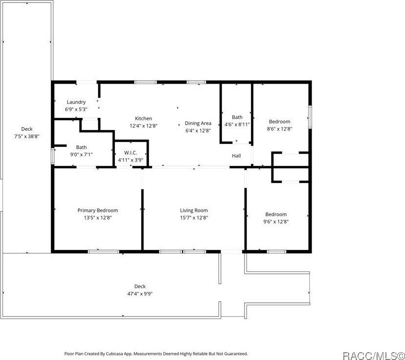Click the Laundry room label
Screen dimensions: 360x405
[x=76, y=102]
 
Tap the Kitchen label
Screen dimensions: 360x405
[x=143, y=118]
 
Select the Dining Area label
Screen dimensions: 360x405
[x=198, y=123]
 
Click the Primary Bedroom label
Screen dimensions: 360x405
[x=97, y=210]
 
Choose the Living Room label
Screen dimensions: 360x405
[x=194, y=210]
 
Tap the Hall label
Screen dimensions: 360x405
[x=236, y=156]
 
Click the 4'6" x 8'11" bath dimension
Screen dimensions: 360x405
[x=237, y=124]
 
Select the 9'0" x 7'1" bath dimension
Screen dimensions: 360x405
[x=81, y=154]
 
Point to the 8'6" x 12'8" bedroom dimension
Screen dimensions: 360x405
[x=279, y=129]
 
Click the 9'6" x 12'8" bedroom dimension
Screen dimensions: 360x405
[x=276, y=222]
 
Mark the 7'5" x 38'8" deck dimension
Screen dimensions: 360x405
[x=26, y=136]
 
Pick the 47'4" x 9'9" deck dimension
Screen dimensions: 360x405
[x=140, y=294]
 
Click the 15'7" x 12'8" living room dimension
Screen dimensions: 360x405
[x=194, y=218]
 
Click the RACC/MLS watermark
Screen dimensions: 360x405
[x=372, y=354]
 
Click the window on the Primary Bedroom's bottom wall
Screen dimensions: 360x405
[x=103, y=251]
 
